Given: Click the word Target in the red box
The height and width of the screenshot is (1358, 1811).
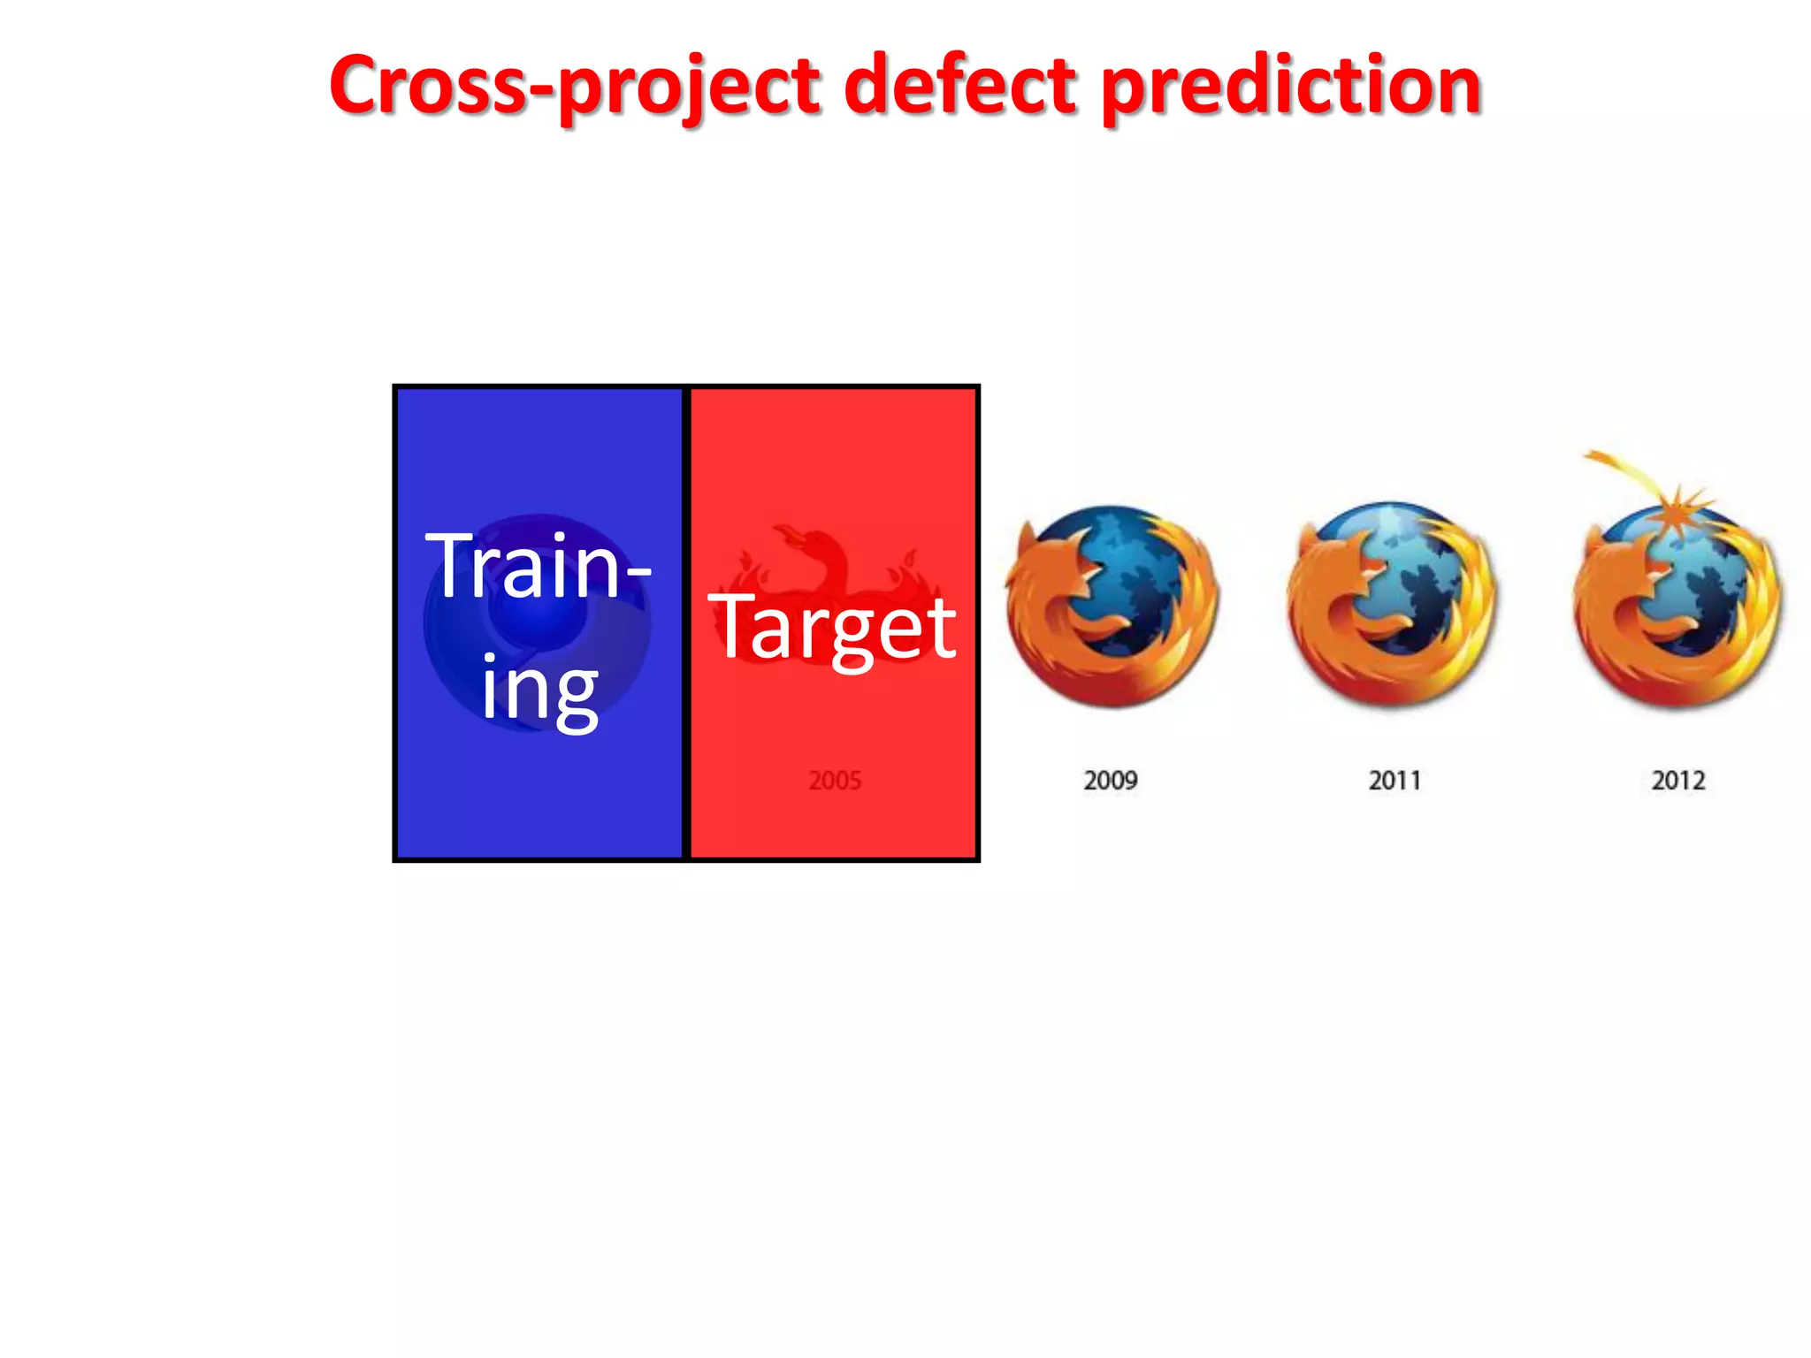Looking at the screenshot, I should (x=832, y=628).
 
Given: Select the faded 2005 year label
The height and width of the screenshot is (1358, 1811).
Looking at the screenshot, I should (x=835, y=781).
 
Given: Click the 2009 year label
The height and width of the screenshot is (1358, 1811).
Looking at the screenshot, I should (x=1111, y=781).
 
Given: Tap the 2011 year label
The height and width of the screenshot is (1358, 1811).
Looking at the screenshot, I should (x=1395, y=781).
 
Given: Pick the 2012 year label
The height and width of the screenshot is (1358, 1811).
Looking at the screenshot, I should (x=1678, y=781).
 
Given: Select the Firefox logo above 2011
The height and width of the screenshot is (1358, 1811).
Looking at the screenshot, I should (x=1391, y=606).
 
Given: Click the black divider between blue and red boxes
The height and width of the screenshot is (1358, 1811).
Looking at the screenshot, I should (x=686, y=623).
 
